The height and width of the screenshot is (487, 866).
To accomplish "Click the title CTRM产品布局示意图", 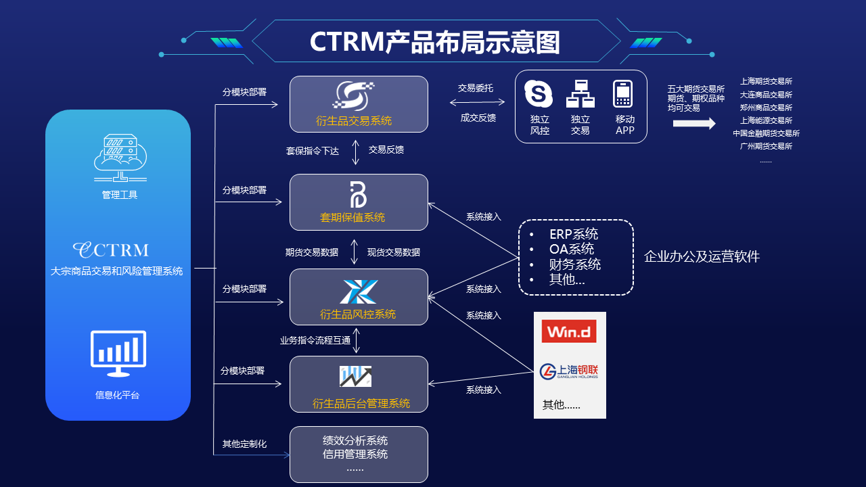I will [x=434, y=42].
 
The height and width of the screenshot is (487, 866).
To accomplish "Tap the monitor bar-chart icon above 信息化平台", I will [x=118, y=354].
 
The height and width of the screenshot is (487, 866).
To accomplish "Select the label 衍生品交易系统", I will [x=354, y=121].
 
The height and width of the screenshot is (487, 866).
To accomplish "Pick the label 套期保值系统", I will [x=352, y=217].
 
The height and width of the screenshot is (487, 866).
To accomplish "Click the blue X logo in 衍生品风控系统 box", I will [x=359, y=292].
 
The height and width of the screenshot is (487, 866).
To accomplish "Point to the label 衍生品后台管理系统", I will [x=361, y=404].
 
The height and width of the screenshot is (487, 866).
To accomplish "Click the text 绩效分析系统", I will [x=355, y=441].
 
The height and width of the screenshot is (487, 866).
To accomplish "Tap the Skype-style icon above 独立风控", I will [x=539, y=94].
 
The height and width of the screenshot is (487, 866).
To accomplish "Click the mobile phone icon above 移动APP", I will [x=622, y=94].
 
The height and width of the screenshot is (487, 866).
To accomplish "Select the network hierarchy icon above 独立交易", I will [x=580, y=94].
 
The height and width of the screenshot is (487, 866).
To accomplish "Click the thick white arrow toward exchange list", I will [x=694, y=124].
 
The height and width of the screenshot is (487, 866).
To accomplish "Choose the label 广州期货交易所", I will [x=766, y=146].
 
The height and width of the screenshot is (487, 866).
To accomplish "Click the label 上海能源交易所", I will [x=766, y=120].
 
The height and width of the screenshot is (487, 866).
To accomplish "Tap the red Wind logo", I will [x=569, y=331].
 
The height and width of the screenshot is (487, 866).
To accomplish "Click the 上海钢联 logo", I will [x=569, y=371].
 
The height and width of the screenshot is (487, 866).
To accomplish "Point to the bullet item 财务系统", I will [x=575, y=264].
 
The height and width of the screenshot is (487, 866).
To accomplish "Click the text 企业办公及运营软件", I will [x=702, y=257].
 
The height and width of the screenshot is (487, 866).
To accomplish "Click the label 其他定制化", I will [x=244, y=444].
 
